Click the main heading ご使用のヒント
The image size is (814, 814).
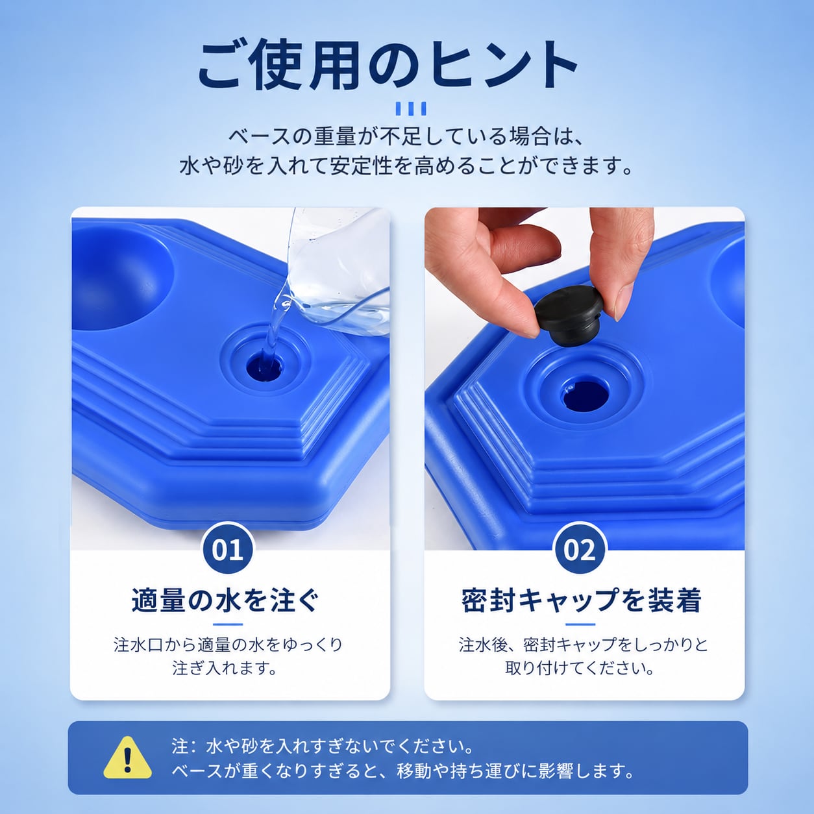pos(388,66)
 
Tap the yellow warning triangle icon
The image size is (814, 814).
pos(127,758)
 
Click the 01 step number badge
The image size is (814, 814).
pos(228,550)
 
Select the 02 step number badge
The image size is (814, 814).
pos(580,550)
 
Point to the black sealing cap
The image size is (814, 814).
pos(567,312)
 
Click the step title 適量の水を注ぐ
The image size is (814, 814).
pos(227,600)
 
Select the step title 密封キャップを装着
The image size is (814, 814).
pos(581,600)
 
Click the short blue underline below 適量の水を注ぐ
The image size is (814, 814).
pos(228,624)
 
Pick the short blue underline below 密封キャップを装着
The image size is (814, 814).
pos(580,624)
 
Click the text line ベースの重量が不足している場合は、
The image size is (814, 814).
pos(406,137)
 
